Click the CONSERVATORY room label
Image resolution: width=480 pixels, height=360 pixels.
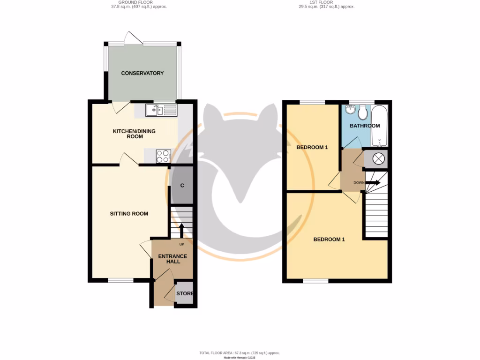[142, 73]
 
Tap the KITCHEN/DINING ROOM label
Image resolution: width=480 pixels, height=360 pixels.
[134, 134]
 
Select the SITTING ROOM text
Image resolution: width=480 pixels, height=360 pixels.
[129, 214]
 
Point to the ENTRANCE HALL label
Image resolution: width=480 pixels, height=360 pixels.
[172, 259]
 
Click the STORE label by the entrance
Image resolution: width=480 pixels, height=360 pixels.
[185, 294]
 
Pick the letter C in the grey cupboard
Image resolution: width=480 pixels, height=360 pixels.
[182, 186]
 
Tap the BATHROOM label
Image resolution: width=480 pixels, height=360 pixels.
[364, 126]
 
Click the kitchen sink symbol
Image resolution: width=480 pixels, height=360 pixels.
[161, 111]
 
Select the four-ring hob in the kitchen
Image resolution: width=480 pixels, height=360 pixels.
[163, 156]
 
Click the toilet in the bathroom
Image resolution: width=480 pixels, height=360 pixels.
[362, 112]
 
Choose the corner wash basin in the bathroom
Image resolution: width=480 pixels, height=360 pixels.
[349, 110]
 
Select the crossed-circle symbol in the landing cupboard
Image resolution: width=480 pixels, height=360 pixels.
[378, 159]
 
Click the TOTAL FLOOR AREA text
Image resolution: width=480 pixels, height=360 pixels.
[240, 352]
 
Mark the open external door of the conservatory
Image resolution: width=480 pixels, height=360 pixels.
[131, 38]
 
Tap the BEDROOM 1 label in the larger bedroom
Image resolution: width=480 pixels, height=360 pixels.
[329, 240]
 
